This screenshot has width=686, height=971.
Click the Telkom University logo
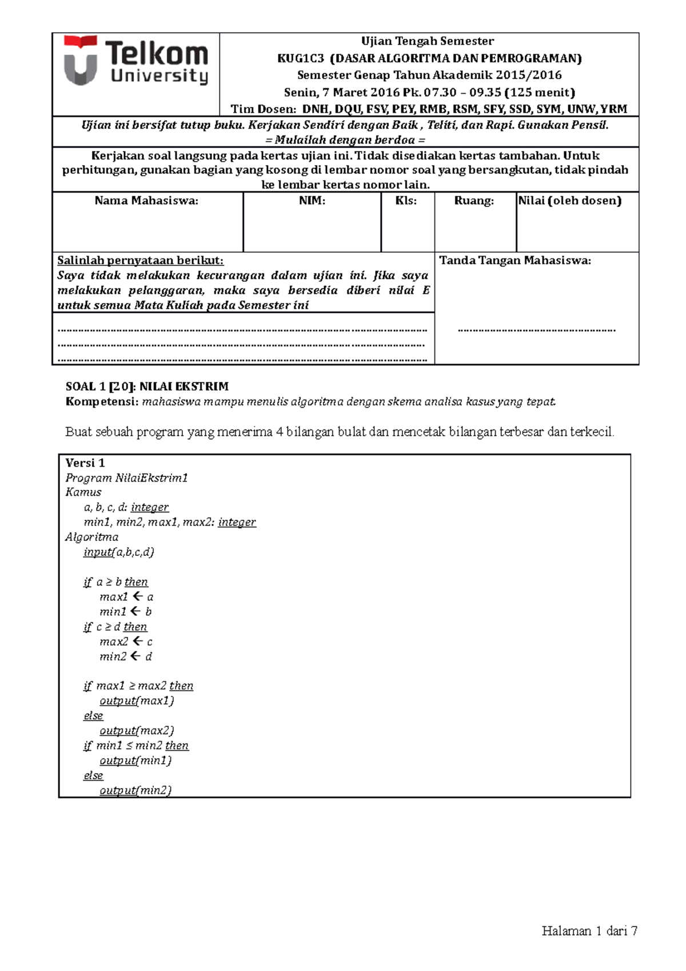tap(135, 61)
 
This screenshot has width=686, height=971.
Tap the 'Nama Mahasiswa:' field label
tap(146, 201)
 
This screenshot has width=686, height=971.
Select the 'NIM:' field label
tap(312, 201)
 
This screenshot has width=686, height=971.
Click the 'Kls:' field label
tap(406, 201)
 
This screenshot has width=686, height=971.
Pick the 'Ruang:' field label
tap(474, 201)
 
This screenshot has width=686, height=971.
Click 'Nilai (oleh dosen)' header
tap(569, 201)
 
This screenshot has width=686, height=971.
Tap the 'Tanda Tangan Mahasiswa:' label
tap(514, 261)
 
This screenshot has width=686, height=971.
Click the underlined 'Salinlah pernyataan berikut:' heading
tap(140, 261)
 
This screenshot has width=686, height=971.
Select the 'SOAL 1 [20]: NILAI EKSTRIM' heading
tap(147, 387)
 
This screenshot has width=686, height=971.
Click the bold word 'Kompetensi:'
tap(102, 402)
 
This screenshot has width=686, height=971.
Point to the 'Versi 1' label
tap(85, 463)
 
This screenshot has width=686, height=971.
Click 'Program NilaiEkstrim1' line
tap(126, 478)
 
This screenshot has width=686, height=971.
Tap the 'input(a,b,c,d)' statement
tap(118, 552)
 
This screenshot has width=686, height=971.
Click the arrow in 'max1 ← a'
tap(137, 596)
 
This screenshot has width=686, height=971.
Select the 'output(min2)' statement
tap(135, 790)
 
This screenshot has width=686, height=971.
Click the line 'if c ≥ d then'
tap(115, 627)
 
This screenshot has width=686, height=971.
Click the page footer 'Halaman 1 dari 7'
tap(589, 931)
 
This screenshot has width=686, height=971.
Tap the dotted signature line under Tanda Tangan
tap(536, 330)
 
